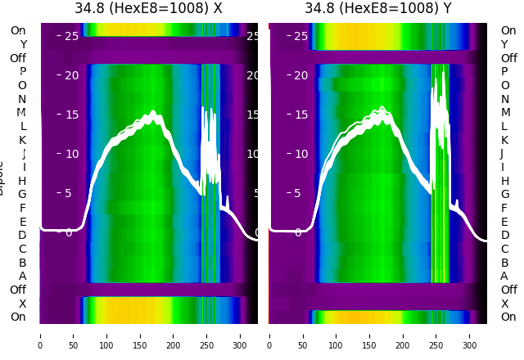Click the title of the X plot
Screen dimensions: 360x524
[148, 9]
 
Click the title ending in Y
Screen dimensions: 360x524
[377, 9]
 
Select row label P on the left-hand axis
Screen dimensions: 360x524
[22, 72]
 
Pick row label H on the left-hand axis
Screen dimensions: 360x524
[22, 181]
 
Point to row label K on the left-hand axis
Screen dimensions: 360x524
[22, 140]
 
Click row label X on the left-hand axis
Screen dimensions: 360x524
[22, 304]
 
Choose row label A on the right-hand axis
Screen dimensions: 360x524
[504, 277]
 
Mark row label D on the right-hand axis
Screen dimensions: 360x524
[504, 236]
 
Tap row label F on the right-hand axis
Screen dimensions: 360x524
[504, 208]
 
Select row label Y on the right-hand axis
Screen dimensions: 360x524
[504, 44]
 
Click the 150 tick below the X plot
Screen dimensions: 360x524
[140, 335]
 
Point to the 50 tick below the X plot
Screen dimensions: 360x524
[73, 335]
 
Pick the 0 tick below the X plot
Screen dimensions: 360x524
[40, 335]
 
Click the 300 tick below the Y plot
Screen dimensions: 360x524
[470, 335]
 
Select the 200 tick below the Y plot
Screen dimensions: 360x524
[403, 335]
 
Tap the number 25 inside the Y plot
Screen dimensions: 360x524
[300, 36]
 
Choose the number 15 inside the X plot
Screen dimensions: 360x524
[71, 115]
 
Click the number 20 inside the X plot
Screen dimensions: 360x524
[71, 75]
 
